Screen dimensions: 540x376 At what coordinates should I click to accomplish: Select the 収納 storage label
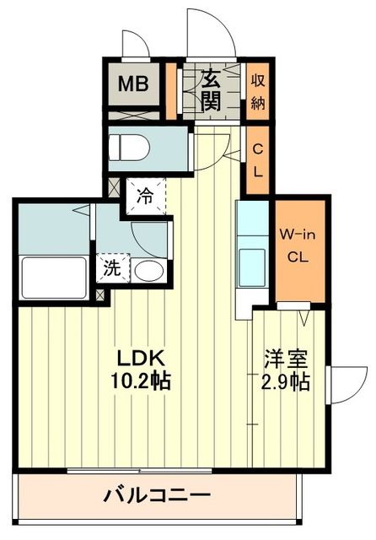(x=258, y=91)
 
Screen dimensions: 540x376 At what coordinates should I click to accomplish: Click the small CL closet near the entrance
(x=258, y=158)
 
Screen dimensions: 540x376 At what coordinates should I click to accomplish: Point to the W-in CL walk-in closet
(x=299, y=246)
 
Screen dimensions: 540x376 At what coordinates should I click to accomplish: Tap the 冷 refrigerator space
(x=146, y=197)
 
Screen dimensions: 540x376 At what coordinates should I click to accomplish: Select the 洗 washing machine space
(x=111, y=269)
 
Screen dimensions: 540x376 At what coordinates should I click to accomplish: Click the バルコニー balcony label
(x=157, y=494)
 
